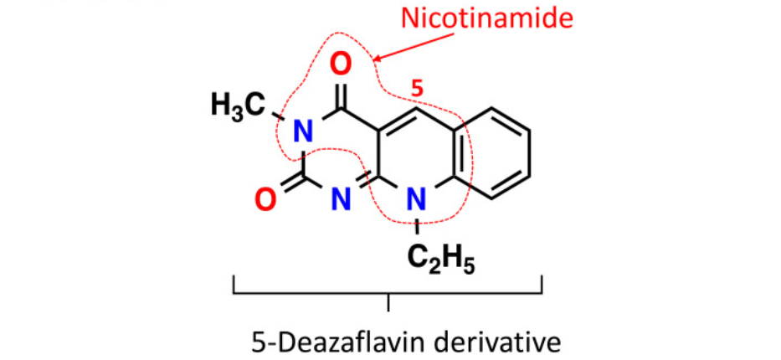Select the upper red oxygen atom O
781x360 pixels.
coord(339,64)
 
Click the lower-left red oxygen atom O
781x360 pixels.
coord(265,199)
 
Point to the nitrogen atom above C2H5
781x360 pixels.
coord(417,198)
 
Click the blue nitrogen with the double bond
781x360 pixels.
coord(339,198)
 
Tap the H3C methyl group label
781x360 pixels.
coord(237,105)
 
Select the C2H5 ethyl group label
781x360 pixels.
coord(441,258)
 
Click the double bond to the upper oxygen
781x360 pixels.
coord(339,90)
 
